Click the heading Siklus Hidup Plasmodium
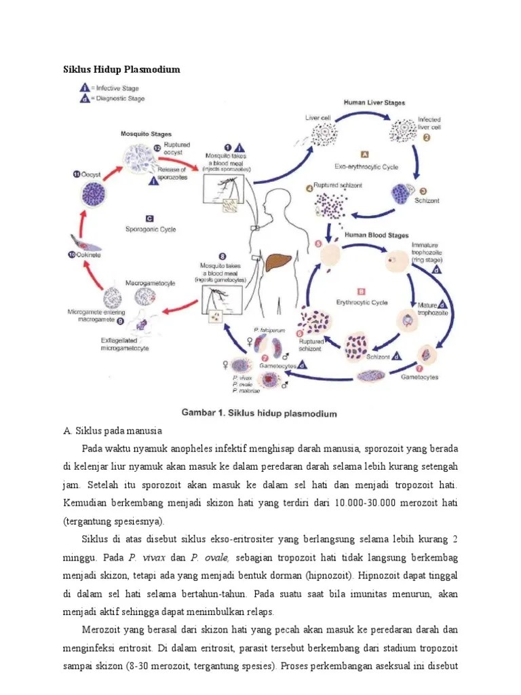click(x=121, y=69)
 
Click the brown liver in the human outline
click(x=277, y=262)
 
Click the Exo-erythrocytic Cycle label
click(x=366, y=166)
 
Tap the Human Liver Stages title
click(x=374, y=103)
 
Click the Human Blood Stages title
click(x=377, y=236)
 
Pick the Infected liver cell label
click(x=429, y=123)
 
